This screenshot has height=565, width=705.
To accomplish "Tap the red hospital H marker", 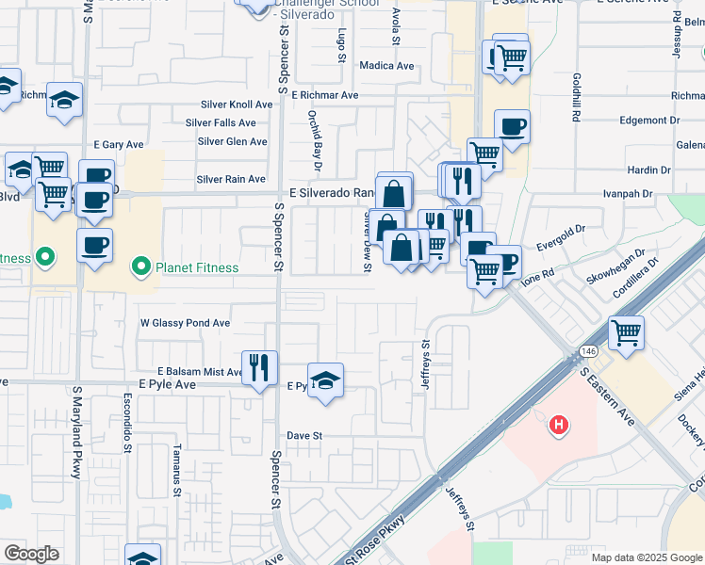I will point(559,426).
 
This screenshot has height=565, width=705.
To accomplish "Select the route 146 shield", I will point(590,350).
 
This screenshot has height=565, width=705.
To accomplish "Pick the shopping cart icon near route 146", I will point(626,333).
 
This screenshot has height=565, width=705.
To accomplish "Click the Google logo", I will point(32,554).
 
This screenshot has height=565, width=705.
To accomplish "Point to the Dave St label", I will point(304,436).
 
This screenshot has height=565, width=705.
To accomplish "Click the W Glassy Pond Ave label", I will point(185,323).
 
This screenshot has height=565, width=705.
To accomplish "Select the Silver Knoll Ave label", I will point(237,105).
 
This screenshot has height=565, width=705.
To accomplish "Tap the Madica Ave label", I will point(386,66).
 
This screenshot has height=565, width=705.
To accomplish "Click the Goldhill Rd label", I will point(575,98).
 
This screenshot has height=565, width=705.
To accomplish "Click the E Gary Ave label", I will point(118,145).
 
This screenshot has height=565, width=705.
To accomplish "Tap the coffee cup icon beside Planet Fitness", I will point(94,247).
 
